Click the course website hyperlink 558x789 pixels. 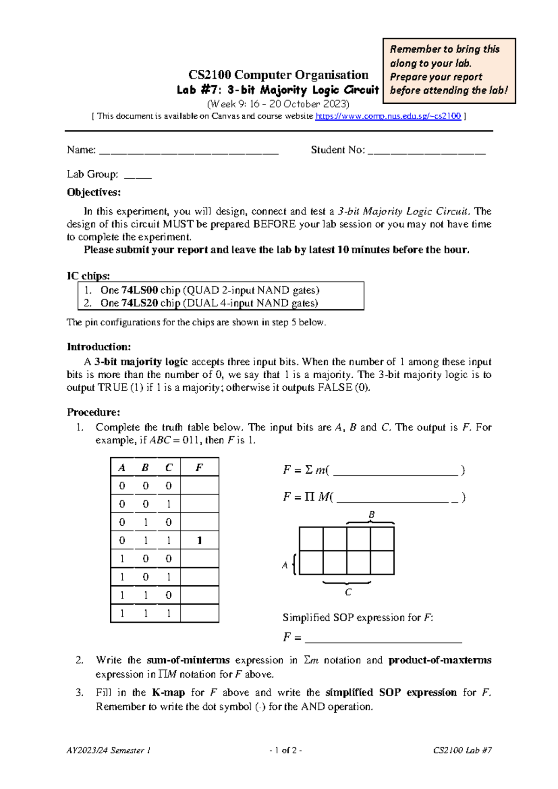pos(388,116)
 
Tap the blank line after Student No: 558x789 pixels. pos(426,151)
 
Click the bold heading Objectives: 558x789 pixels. pos(93,193)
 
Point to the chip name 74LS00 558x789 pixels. pos(139,290)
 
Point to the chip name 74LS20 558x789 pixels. pos(139,303)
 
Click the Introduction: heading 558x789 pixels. pos(99,347)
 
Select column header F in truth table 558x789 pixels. pos(199,468)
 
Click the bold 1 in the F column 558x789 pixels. pos(199,541)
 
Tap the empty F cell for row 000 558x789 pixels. pos(199,486)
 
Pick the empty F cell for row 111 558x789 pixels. pos(199,613)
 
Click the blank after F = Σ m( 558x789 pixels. pos(396,471)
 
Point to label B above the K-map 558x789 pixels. pos(372,515)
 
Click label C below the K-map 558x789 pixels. pos(348,592)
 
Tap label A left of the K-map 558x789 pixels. pos(285,565)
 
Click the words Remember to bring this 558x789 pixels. pos(444,49)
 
